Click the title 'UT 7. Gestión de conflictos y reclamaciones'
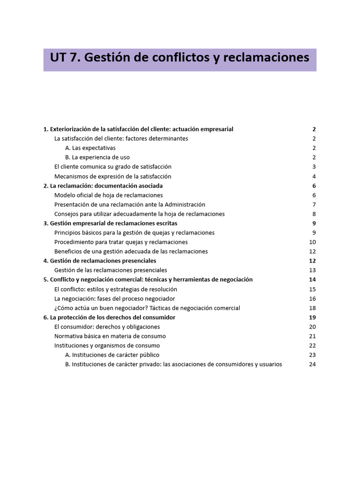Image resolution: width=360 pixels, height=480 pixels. coord(180,58)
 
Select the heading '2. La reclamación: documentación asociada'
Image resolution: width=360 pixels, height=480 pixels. coord(103,186)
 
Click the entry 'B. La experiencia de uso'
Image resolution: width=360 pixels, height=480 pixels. coord(97,157)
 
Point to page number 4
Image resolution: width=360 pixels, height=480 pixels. coord(314,177)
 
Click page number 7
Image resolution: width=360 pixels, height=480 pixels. coord(314,205)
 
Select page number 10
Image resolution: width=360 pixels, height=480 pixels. coord(313,242)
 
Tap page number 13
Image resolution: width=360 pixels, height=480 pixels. coord(313,270)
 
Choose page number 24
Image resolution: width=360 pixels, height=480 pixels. coord(313,365)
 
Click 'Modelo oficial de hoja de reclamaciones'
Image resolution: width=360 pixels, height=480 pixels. coord(109,195)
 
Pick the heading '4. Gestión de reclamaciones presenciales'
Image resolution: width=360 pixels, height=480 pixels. coord(100,261)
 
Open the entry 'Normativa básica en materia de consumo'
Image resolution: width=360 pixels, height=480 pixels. coord(110,336)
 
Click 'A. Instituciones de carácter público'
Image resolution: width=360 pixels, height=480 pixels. coord(112,355)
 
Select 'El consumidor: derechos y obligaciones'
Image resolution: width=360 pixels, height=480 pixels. coord(107,327)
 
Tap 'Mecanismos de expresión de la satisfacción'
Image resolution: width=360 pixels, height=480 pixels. coord(113,177)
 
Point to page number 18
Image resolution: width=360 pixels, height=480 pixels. coord(313,308)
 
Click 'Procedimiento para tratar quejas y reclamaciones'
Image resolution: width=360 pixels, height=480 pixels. coord(121,242)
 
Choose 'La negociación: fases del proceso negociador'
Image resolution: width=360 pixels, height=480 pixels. coord(115,299)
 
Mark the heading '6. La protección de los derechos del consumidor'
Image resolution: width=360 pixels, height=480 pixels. coord(109,317)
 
